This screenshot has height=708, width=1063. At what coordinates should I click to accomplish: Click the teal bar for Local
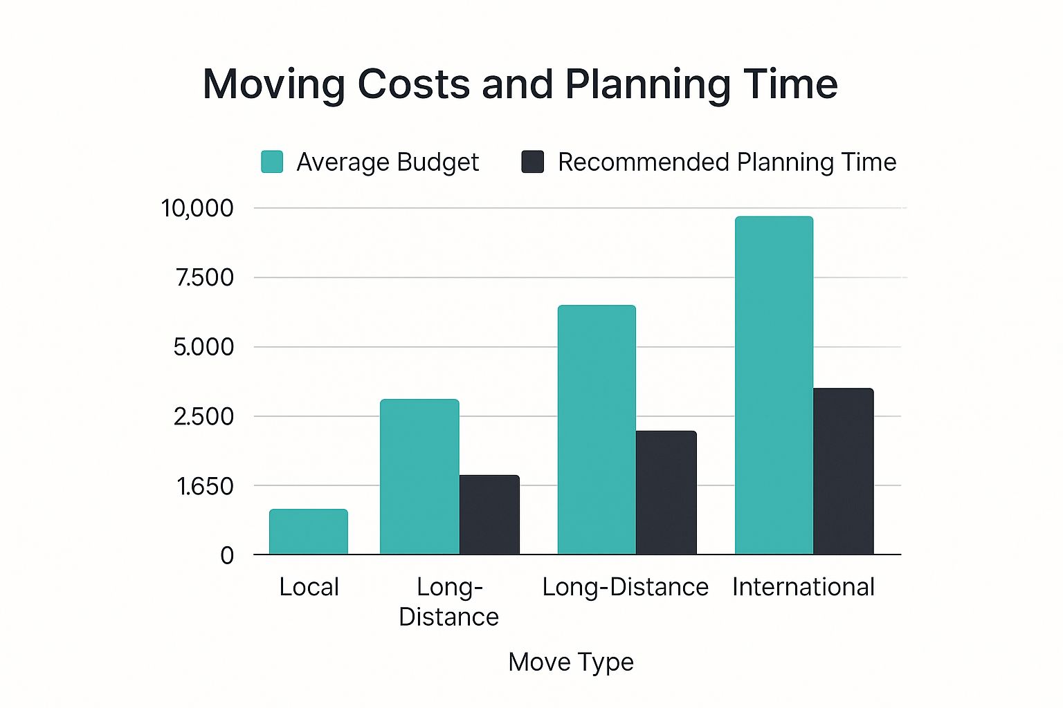click(x=309, y=532)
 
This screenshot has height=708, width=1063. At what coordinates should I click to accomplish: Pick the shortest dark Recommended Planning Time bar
click(x=489, y=514)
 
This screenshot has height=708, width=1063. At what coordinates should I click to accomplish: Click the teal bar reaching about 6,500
click(x=597, y=429)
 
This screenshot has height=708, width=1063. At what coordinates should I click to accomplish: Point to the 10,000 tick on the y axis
click(x=197, y=208)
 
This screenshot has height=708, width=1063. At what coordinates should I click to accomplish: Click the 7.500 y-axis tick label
click(x=204, y=278)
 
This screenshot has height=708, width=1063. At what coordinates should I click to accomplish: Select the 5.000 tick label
click(x=203, y=347)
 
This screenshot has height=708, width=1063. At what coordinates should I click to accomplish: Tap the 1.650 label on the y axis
click(x=205, y=487)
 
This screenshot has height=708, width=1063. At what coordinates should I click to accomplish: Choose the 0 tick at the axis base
click(x=227, y=555)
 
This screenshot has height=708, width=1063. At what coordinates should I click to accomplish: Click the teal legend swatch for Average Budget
click(x=272, y=162)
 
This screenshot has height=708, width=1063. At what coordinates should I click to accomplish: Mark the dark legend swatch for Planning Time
click(x=532, y=162)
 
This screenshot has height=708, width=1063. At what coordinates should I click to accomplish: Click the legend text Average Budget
click(x=388, y=162)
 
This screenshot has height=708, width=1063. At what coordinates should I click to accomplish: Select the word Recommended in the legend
click(x=644, y=162)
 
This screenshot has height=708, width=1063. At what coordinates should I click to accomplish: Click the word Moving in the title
click(x=273, y=84)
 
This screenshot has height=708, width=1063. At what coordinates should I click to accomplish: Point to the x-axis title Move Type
click(x=571, y=662)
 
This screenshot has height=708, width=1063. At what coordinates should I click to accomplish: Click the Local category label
click(x=309, y=587)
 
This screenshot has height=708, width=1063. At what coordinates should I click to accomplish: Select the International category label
click(x=803, y=587)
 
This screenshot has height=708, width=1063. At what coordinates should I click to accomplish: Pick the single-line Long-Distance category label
click(x=625, y=587)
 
